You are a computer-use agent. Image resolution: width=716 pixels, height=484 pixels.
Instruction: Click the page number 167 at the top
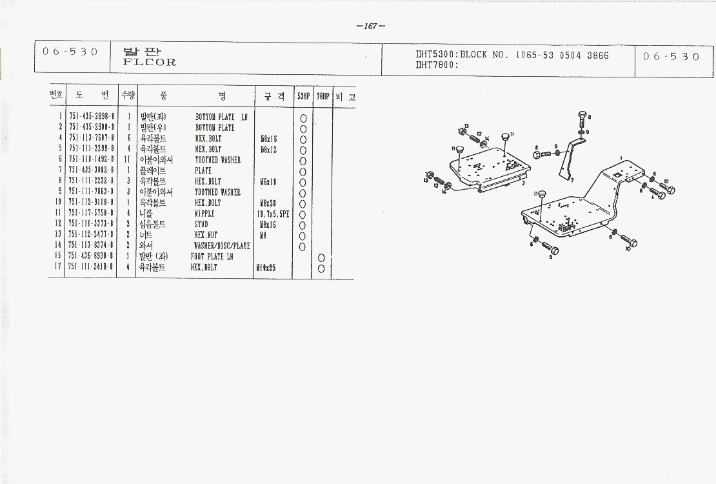(370, 26)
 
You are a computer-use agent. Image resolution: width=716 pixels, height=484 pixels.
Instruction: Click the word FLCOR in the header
(149, 63)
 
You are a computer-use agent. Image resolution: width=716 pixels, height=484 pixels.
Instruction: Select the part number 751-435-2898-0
(92, 117)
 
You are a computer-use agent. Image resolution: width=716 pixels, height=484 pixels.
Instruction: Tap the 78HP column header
(323, 97)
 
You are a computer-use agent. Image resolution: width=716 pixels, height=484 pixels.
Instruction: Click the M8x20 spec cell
(268, 203)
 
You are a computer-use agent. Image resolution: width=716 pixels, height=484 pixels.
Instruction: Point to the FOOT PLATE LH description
(212, 257)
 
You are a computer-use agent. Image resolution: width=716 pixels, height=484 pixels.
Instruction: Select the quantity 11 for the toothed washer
(128, 160)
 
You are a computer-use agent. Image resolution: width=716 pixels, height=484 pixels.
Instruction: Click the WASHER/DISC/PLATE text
(222, 246)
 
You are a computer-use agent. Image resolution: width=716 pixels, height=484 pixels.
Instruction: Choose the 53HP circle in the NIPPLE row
(303, 214)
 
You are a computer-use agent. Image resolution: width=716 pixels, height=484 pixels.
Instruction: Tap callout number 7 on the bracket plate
(572, 180)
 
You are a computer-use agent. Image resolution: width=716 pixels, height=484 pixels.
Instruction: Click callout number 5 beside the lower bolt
(550, 257)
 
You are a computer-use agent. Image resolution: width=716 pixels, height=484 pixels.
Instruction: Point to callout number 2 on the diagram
(523, 183)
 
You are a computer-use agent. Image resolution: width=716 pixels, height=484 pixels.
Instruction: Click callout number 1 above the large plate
(621, 157)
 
